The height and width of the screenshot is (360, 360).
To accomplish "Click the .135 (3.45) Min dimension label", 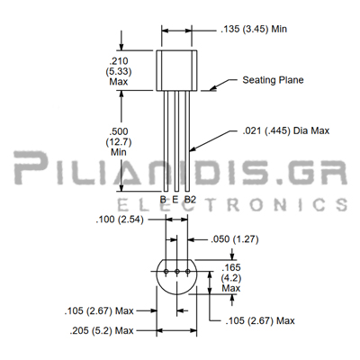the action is pos(254,29).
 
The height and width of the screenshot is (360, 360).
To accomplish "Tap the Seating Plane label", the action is pos(273,80).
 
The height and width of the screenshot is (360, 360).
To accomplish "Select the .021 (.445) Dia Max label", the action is pos(286,130).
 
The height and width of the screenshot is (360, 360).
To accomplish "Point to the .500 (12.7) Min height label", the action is pos(119,141).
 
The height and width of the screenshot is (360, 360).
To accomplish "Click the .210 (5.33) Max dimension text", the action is pos(119,71).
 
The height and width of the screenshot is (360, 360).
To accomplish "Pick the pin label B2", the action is pos(190,199).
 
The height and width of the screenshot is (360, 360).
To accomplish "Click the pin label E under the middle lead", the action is pos(175,199).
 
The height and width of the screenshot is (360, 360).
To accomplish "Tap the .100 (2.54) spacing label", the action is pos(120,220).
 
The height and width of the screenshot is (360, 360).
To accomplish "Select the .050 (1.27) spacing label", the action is pos(235,239).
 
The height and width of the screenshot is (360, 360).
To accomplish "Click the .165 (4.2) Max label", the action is pos(231,278).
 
